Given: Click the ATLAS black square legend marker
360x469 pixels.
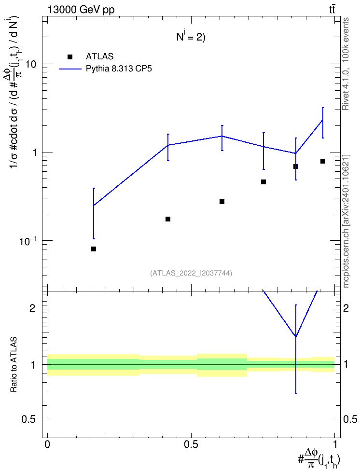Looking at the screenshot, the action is (69, 57).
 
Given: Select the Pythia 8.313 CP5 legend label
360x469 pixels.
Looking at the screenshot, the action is (119, 69).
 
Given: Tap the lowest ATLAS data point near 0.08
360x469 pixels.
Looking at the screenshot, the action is (93, 249).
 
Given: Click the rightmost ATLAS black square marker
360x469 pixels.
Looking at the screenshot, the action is (322, 161).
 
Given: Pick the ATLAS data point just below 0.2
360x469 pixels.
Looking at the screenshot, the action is (168, 219).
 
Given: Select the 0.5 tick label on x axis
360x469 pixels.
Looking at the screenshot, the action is (191, 444).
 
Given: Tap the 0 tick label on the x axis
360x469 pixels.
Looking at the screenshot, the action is (47, 444).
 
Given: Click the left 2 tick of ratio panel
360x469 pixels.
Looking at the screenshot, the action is (33, 308).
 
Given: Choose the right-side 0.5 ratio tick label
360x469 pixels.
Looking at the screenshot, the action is (350, 419).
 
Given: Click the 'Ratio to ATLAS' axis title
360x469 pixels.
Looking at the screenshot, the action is (14, 365).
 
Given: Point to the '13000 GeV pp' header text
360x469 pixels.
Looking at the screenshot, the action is (81, 10).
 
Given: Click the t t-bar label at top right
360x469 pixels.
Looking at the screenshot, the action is (332, 9).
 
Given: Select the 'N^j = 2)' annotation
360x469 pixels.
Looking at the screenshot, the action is (191, 37).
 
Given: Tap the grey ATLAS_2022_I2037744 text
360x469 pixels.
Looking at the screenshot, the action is (191, 273).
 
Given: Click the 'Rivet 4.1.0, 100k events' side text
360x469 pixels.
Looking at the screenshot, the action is (346, 64).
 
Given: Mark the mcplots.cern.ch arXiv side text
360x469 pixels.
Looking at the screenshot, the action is (346, 221).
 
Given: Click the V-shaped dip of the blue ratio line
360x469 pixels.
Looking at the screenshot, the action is (296, 337).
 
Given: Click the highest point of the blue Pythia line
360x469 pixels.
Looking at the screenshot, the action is (322, 120).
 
